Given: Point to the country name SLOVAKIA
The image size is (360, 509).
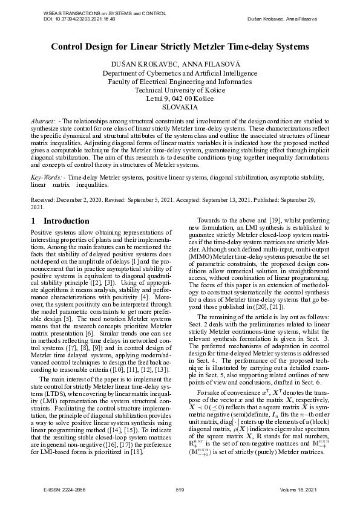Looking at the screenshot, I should (180, 106).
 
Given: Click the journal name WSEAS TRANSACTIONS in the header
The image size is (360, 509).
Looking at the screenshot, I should (65, 13).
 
